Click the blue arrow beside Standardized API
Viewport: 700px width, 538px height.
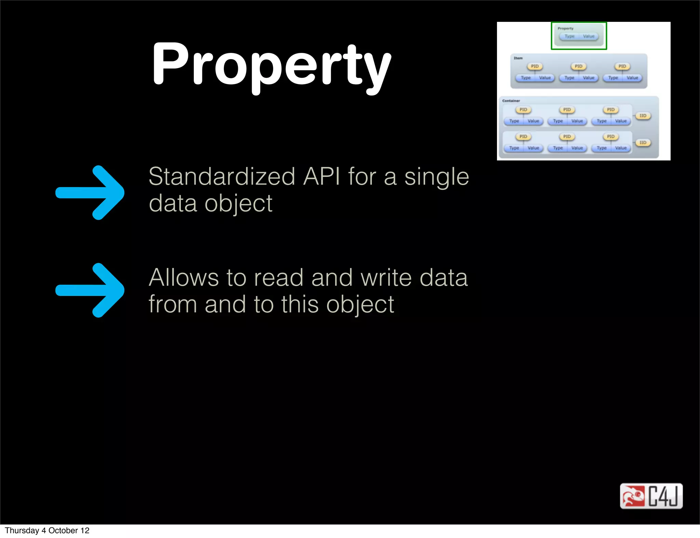pos(90,193)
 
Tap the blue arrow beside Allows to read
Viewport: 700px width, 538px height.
pos(90,290)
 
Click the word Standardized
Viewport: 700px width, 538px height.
pos(222,177)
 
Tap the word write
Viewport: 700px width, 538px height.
pos(386,277)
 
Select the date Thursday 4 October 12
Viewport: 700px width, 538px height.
pos(47,530)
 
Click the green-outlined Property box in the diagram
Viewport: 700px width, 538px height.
pos(579,36)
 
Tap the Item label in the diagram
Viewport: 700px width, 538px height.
pos(518,58)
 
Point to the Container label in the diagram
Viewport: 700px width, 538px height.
pos(511,101)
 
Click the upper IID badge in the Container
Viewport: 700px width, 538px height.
pos(643,116)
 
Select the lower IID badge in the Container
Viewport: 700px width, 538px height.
pos(643,143)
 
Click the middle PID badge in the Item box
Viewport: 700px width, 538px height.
pos(578,66)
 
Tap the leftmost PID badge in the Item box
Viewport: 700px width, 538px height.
pos(535,66)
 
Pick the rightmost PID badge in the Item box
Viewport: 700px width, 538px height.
pos(622,66)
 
